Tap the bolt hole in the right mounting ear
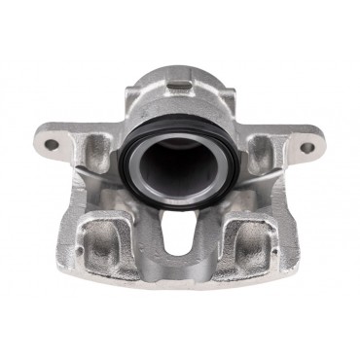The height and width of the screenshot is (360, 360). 308,148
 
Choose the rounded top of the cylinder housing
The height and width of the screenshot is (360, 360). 180,70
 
